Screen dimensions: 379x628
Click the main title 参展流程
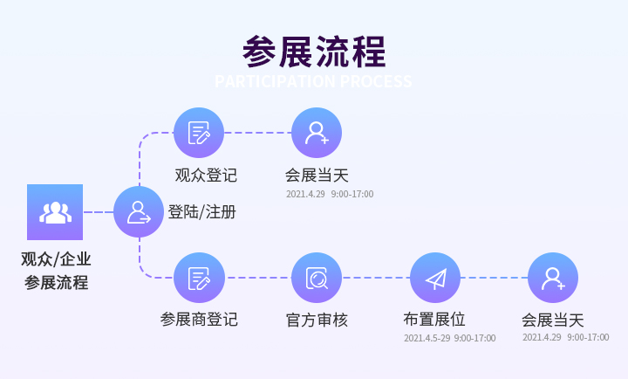[314, 52]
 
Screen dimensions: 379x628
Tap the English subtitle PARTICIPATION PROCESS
[313, 82]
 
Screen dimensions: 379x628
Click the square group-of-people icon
[55, 212]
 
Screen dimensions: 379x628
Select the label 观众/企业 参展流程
[56, 271]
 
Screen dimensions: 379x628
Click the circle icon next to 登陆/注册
[139, 211]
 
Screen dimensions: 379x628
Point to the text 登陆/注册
[201, 212]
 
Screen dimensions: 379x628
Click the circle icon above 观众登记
[199, 133]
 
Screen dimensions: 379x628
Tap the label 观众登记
[206, 175]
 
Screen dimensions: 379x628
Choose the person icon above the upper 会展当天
[317, 133]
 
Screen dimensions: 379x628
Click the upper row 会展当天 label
[317, 175]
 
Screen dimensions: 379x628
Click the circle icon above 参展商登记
[199, 278]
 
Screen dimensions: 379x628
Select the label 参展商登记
[199, 320]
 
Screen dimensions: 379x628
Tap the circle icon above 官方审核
[317, 278]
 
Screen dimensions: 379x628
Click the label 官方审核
[317, 320]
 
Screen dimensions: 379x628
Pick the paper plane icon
[435, 278]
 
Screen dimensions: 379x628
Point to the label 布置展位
[434, 320]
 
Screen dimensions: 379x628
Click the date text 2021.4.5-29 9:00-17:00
[449, 338]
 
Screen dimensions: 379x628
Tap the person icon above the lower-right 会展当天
[553, 278]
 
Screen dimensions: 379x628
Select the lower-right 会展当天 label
[553, 320]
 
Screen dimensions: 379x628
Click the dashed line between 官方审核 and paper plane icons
[376, 278]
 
